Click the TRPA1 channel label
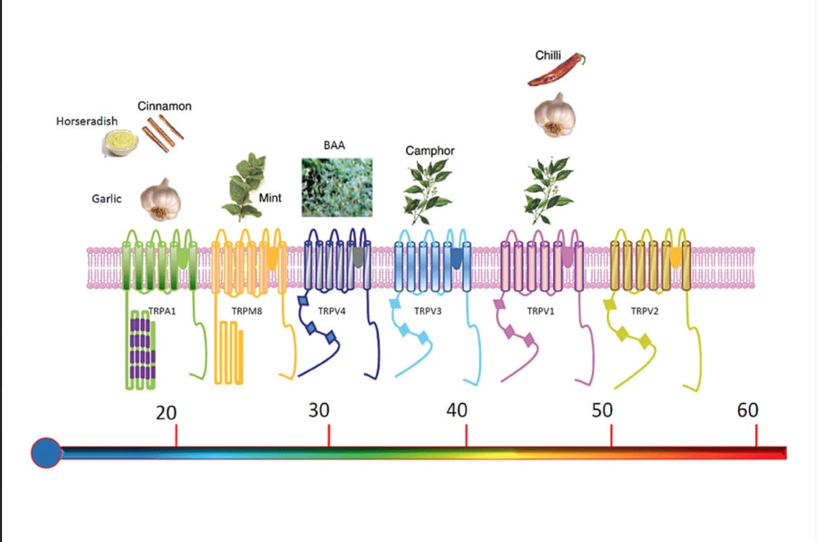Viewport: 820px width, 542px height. [x=162, y=311]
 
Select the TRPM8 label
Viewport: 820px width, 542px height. [x=247, y=311]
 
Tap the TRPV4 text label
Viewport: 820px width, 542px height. [x=332, y=311]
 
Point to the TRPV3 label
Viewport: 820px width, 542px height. [x=428, y=311]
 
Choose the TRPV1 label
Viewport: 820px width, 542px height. [x=541, y=311]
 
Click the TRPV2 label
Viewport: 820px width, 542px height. [x=645, y=311]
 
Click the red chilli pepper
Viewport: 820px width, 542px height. [x=556, y=70]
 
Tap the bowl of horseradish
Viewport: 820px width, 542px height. [x=120, y=143]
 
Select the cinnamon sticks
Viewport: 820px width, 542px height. [x=163, y=133]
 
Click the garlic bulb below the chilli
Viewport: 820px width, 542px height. [x=555, y=115]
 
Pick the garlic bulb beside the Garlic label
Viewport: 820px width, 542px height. [x=161, y=200]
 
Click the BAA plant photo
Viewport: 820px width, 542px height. [x=337, y=187]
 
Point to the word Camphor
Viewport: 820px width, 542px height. [x=430, y=150]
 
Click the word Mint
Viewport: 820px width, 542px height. [x=270, y=198]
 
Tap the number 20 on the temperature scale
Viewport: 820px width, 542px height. [x=166, y=413]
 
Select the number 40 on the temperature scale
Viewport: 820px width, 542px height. [x=457, y=411]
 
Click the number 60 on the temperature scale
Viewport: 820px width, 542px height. [x=748, y=411]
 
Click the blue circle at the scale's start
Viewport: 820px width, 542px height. [x=46, y=453]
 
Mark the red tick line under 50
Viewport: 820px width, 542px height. [x=611, y=436]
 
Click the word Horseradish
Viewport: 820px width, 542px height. [x=87, y=121]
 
